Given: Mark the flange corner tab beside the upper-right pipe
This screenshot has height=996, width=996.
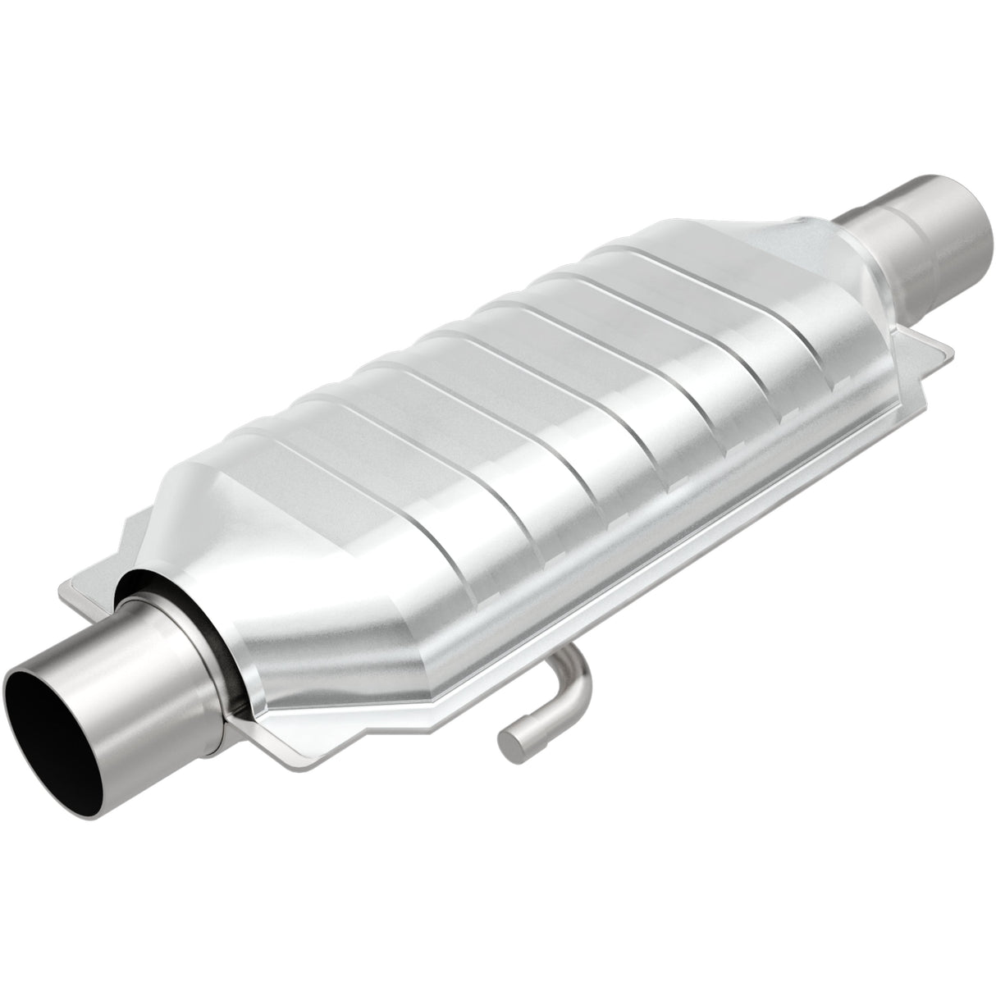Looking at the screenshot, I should click(935, 349).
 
